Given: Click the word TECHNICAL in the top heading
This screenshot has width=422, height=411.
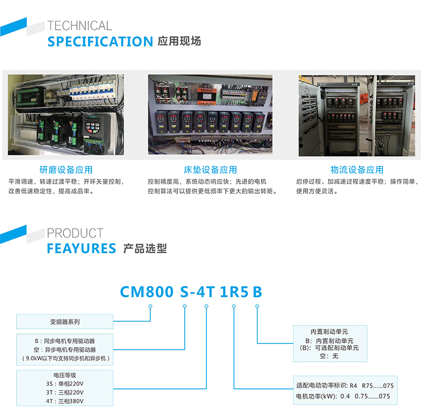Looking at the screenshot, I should pos(80,26).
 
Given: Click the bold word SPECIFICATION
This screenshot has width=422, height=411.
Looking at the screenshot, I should pos(100,42).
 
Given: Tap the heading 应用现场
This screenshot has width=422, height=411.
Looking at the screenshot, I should pos(179,41).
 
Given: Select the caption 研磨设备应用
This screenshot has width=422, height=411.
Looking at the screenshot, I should pos(66,170).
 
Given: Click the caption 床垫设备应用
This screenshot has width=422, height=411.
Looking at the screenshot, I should pos(210,170).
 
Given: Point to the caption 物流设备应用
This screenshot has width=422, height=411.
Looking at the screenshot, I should pos(357,170).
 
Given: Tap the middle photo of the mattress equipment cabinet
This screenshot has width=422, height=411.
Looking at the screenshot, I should pos(210,114).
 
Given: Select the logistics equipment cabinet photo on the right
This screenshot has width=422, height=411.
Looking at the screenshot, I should pos(357,115).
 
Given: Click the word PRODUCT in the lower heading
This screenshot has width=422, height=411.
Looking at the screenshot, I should pos(75,233).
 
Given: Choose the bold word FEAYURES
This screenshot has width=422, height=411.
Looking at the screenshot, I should pos(82,248).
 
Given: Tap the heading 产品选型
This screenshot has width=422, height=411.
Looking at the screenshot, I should pos(145,248).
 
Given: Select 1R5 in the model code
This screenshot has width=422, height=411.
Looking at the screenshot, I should pos(234,292).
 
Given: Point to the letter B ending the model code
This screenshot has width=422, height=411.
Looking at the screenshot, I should pos(257,292).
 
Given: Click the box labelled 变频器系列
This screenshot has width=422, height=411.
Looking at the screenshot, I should pos(65,322).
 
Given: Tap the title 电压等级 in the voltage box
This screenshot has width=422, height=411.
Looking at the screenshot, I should pos(64,375).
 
